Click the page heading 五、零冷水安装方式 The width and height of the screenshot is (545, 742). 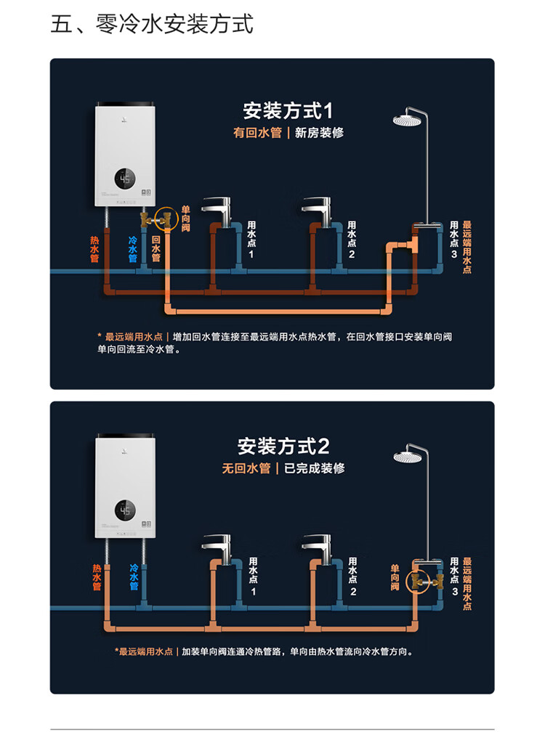tap(152, 24)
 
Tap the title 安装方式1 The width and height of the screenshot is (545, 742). tap(287, 111)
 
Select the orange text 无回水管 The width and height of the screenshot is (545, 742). tap(246, 468)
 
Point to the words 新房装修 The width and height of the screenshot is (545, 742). tap(319, 133)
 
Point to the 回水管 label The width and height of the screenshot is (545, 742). tap(156, 248)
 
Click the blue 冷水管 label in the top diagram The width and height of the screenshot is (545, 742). tap(133, 248)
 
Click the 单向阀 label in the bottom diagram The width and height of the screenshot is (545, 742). tap(395, 577)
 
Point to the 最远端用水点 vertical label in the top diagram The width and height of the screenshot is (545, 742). tap(467, 247)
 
